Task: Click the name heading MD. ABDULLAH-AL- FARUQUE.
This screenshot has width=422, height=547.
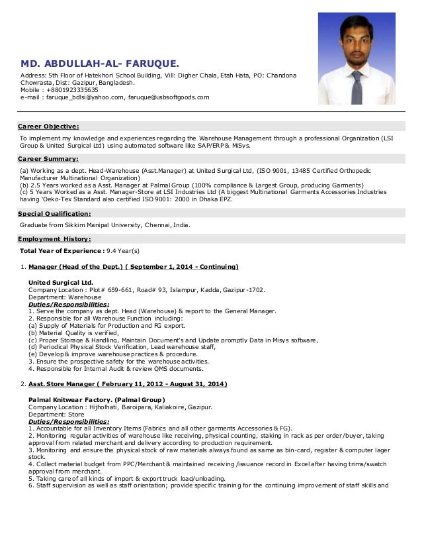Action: [99, 64]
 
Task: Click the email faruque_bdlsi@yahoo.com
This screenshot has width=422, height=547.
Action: [83, 97]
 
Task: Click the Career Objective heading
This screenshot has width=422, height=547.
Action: [48, 126]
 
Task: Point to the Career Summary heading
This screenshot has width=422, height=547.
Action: [48, 160]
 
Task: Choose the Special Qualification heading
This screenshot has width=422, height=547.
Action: [54, 214]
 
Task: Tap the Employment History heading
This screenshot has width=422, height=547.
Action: [54, 238]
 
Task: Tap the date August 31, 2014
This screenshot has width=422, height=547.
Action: [199, 384]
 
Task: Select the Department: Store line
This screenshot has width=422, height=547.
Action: [57, 415]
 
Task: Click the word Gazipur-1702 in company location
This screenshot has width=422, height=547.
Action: [243, 290]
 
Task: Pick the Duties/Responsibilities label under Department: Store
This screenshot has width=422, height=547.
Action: [69, 421]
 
